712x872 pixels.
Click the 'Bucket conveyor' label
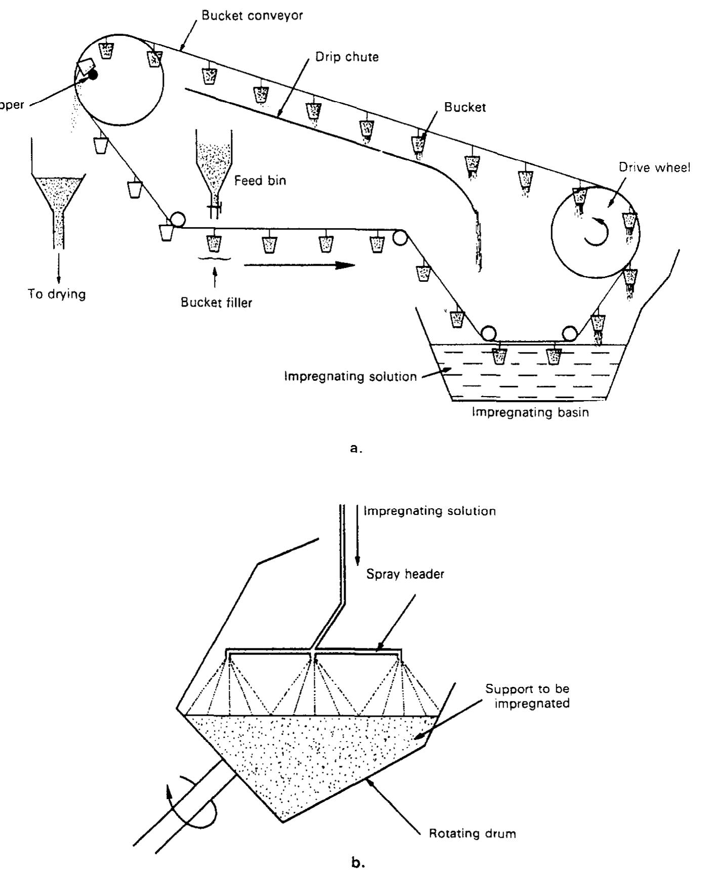coord(252,15)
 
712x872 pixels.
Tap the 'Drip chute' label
coord(347,57)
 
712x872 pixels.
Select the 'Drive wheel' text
coord(654,168)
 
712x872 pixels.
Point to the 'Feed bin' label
coord(260,181)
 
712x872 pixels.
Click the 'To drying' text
coord(57,294)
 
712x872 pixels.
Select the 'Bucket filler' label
coord(216,303)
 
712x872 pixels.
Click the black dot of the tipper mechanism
coord(93,75)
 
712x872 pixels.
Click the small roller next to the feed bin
coord(177,220)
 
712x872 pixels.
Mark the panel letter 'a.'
coord(356,448)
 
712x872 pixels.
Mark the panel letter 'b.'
coord(357,863)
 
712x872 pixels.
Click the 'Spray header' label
coord(405,574)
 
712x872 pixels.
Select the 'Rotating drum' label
coord(472,833)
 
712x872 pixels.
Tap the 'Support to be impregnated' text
coord(527,696)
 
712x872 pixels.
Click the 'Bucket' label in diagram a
coord(465,107)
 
